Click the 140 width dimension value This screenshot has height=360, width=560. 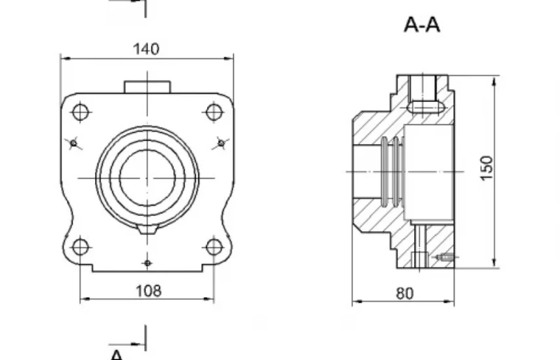click(x=146, y=49)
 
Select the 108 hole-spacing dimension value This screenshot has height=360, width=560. click(x=149, y=291)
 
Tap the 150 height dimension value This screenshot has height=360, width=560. click(x=487, y=168)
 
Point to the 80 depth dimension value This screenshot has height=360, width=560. click(x=405, y=293)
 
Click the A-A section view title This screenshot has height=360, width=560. click(x=422, y=25)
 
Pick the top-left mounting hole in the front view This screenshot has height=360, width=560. click(x=81, y=112)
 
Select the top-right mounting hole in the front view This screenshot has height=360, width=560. click(x=214, y=112)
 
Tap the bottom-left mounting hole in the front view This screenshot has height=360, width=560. click(x=81, y=247)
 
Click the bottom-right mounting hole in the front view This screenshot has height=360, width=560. click(x=214, y=247)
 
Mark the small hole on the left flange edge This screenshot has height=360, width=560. click(x=73, y=143)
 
